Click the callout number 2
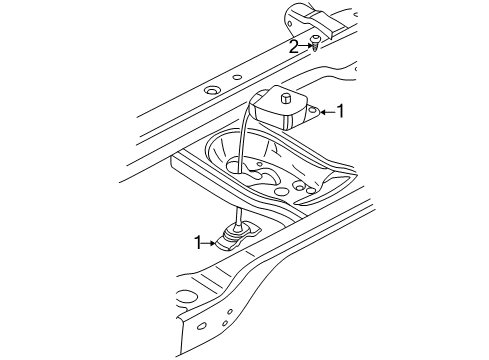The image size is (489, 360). [294, 46]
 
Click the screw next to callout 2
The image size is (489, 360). [316, 43]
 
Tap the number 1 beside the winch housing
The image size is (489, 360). [341, 112]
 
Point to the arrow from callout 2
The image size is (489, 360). [305, 46]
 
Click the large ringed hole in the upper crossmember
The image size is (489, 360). [211, 94]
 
